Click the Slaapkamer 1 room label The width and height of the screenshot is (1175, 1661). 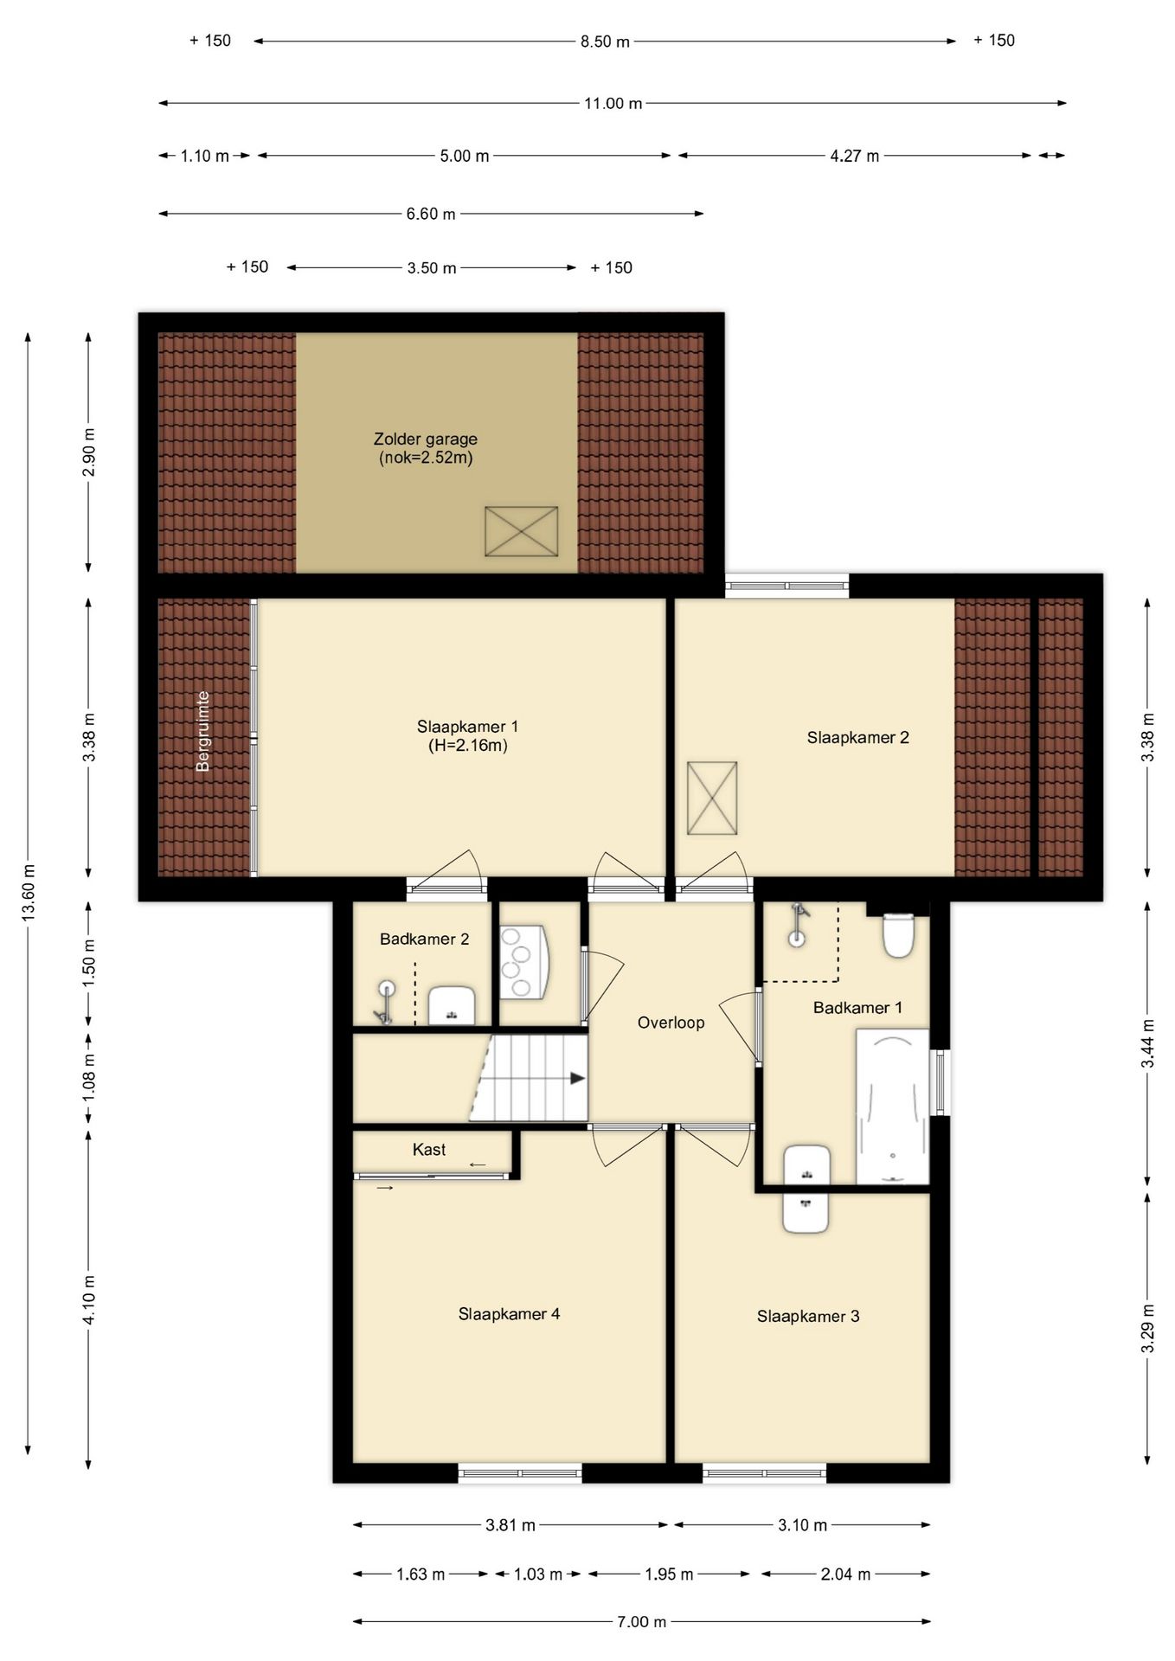[x=467, y=726]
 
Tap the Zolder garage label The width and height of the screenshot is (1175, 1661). [x=425, y=439]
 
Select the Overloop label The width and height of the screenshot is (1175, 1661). [x=671, y=1023]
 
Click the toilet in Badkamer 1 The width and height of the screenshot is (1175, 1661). [x=898, y=935]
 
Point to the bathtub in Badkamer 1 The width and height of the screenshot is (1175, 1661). [x=892, y=1106]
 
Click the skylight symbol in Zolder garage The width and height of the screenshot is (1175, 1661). [x=521, y=531]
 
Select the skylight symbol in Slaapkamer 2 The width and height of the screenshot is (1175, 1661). [x=712, y=798]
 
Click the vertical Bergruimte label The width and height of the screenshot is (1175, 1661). [x=203, y=731]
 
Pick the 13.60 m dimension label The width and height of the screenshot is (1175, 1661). [x=29, y=892]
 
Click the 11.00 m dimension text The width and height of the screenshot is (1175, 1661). [x=613, y=104]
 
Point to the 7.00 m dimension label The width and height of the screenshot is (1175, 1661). [x=641, y=1621]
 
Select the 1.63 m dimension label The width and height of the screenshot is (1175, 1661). [x=421, y=1574]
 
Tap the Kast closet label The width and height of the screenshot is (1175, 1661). [x=429, y=1150]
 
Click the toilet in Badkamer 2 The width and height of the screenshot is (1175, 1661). [x=452, y=1005]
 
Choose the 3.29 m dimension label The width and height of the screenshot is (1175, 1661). [x=1148, y=1328]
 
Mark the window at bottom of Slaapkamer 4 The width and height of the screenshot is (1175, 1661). [x=520, y=1472]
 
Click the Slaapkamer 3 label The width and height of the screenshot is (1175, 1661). [x=808, y=1316]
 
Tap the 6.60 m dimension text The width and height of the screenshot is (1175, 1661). [x=431, y=214]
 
